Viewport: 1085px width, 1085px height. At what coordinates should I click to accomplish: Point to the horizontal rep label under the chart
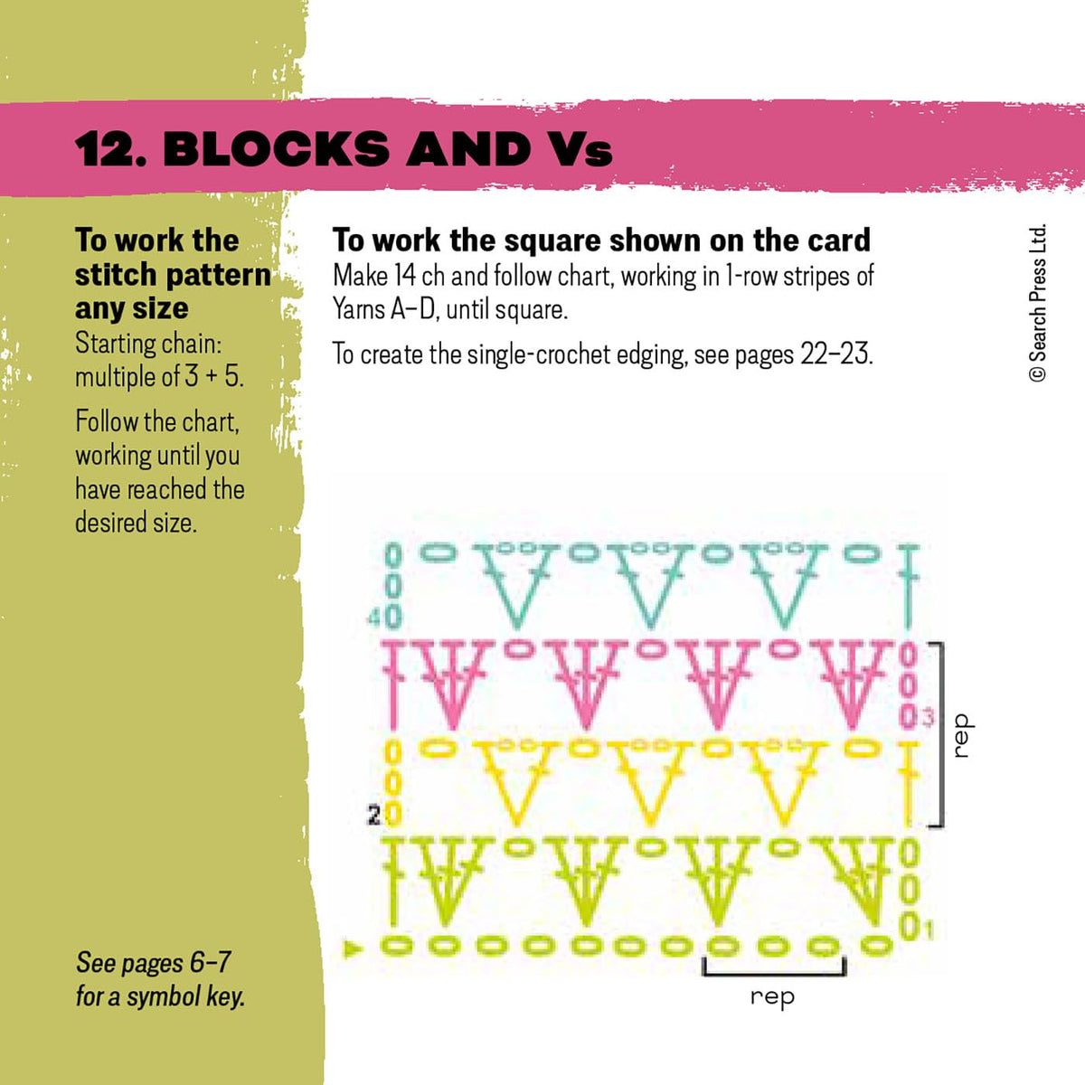point(772,996)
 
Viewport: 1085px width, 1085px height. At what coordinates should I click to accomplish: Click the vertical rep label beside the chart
point(961,735)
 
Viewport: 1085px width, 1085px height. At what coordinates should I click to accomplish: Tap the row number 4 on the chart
point(373,618)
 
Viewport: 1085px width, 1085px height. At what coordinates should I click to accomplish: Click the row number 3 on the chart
point(928,719)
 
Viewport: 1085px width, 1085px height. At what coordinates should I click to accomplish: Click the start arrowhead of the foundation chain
point(355,948)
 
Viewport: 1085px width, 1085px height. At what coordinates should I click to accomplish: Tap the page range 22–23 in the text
point(835,354)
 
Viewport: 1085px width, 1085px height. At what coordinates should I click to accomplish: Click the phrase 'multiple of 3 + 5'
point(158,376)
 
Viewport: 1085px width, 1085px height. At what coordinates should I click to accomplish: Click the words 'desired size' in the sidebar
point(135,523)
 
